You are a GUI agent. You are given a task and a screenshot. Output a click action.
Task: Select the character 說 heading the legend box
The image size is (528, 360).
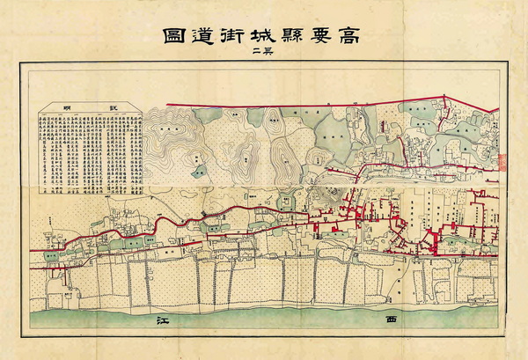(112, 108)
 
